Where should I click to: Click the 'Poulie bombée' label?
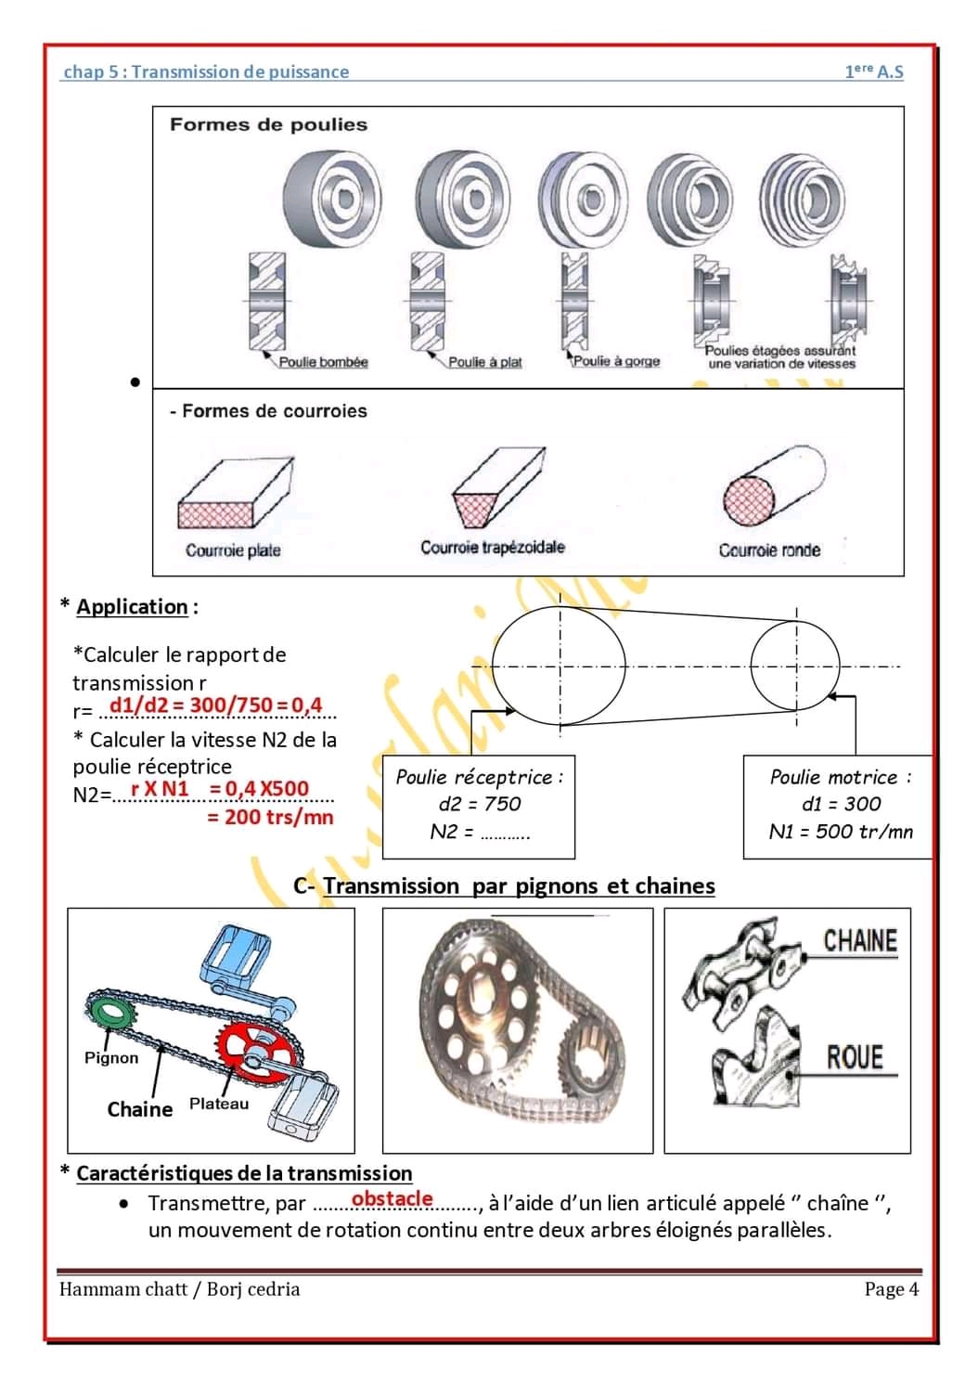(323, 362)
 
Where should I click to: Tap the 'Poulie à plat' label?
(484, 362)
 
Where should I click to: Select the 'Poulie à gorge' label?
(617, 361)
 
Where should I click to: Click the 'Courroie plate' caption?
(233, 550)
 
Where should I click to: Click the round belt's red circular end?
(749, 501)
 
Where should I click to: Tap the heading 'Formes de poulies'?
(268, 124)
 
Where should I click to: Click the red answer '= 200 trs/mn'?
(270, 818)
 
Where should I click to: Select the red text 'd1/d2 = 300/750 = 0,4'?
(215, 705)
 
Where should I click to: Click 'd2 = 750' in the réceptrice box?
(479, 804)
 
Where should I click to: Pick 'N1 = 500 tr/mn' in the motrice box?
(841, 832)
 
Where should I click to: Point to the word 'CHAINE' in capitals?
(860, 941)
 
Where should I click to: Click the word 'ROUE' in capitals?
(855, 1057)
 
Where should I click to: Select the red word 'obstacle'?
(392, 1198)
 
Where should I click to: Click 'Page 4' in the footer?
(891, 1289)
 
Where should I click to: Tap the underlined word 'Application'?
(132, 607)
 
